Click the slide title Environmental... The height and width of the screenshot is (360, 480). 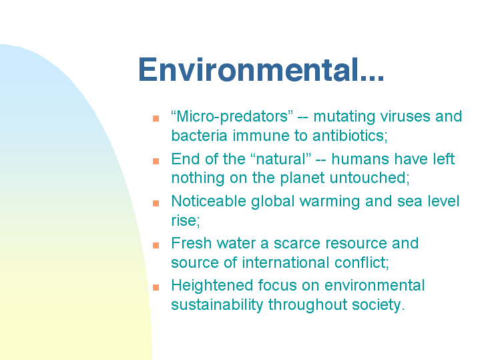click(261, 69)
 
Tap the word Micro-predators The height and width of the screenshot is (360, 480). click(232, 117)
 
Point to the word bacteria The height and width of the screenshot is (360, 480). click(199, 136)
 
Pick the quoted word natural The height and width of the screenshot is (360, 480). click(280, 159)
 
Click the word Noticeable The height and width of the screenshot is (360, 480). click(208, 201)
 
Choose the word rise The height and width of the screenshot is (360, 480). click(185, 220)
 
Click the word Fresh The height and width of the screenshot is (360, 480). click(192, 243)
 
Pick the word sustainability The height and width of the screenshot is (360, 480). click(217, 305)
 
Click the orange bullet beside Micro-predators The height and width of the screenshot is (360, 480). click(156, 119)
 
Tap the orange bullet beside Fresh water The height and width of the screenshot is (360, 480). click(156, 245)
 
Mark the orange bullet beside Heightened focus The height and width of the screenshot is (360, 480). click(156, 287)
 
